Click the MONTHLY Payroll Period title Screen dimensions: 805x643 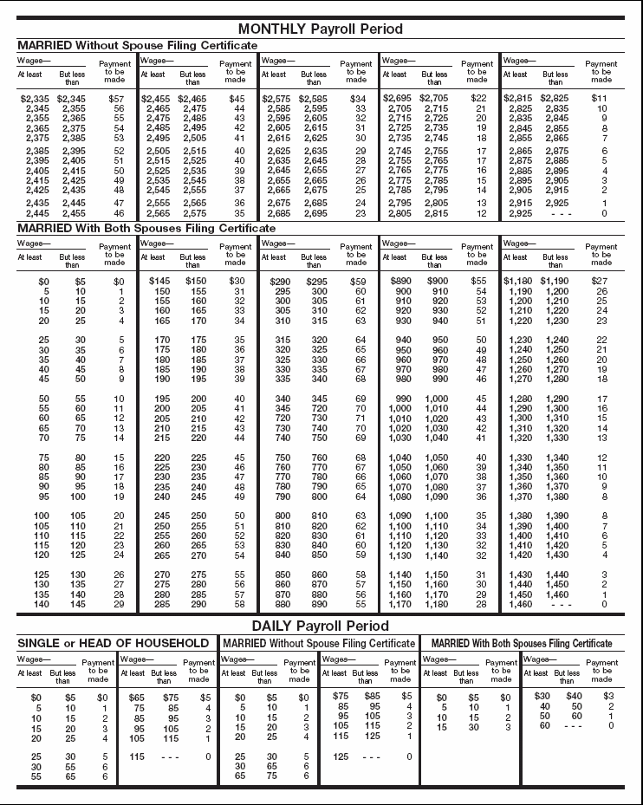321,29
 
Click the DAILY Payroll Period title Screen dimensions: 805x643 321,625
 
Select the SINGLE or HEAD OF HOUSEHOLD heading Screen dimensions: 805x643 114,643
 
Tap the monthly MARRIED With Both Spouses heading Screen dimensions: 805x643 146,228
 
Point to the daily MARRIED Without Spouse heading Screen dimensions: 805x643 319,643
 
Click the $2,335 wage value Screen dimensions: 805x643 37,99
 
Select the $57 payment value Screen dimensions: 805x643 116,99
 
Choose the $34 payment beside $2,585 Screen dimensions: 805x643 357,99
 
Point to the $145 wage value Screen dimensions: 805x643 159,282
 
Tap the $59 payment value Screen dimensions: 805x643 357,282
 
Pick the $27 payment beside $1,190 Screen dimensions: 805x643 599,282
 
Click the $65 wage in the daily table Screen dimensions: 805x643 136,697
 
